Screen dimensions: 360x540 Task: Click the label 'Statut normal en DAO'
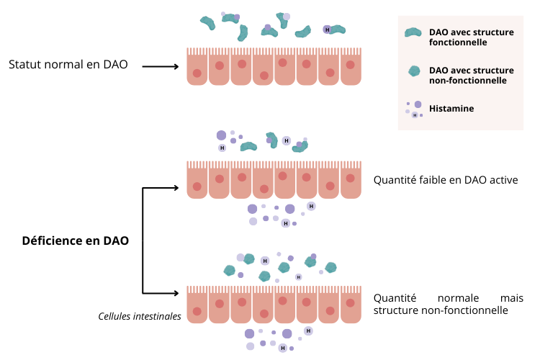pos(68,65)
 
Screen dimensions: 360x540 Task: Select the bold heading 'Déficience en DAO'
pos(76,240)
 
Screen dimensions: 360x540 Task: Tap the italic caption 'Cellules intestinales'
pos(140,315)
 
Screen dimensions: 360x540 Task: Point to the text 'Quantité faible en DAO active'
pos(446,180)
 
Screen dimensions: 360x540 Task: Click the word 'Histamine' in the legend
pos(451,109)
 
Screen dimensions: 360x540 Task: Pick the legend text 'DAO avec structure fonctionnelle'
pos(471,37)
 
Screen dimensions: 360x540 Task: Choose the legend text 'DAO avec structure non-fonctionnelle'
pos(471,75)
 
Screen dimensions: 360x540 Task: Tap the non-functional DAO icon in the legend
pos(414,71)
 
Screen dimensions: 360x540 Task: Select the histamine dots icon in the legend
pos(414,109)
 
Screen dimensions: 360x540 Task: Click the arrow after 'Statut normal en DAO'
pos(160,67)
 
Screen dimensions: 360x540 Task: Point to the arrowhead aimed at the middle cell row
pos(174,188)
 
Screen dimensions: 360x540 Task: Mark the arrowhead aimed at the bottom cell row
pos(174,293)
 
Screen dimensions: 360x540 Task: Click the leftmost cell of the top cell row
pos(197,68)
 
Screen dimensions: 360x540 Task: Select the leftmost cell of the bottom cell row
pos(197,305)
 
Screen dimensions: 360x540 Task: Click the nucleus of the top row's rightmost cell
pos(352,64)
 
